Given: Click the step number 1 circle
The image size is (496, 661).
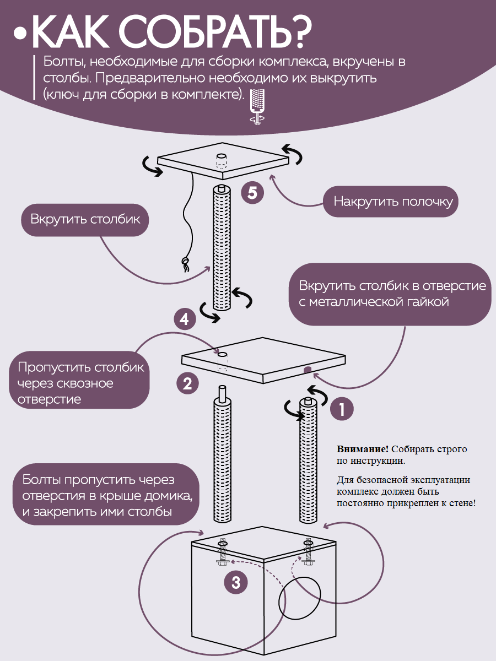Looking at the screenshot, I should [x=342, y=409].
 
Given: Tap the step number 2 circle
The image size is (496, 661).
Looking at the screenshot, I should [x=187, y=383].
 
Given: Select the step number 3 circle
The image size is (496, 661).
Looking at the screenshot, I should [x=236, y=583].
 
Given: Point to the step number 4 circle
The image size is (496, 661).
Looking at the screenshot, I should [x=185, y=319].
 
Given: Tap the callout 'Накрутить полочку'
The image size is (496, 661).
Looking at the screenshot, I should [x=393, y=202].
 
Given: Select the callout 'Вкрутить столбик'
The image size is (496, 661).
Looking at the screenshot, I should [x=85, y=220].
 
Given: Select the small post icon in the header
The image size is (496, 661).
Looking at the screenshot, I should [x=256, y=104].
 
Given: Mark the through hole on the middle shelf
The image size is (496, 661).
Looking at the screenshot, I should [x=223, y=354].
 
